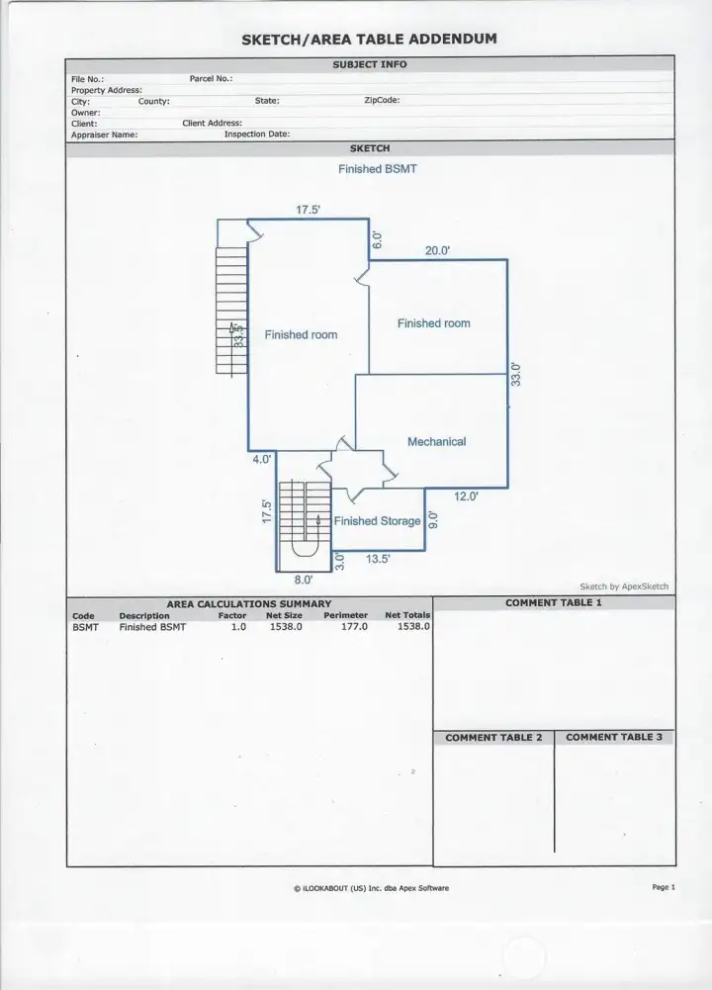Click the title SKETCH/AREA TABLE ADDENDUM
click(x=369, y=40)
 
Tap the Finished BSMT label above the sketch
click(x=377, y=169)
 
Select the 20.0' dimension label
click(x=437, y=251)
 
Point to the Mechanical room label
click(x=436, y=442)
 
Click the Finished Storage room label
click(x=377, y=521)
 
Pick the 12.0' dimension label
click(x=466, y=496)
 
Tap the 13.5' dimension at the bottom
click(x=378, y=559)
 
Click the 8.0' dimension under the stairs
click(x=303, y=581)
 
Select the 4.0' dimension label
click(x=261, y=460)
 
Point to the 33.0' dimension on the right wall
click(x=515, y=375)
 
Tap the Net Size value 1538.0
click(x=285, y=627)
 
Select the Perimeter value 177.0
click(x=354, y=627)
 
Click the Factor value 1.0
click(x=238, y=627)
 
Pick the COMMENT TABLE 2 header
click(x=493, y=738)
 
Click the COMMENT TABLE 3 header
click(x=614, y=738)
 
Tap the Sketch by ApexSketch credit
click(x=623, y=586)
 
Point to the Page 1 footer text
click(x=663, y=887)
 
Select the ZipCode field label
click(x=381, y=101)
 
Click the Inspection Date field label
click(x=256, y=134)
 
